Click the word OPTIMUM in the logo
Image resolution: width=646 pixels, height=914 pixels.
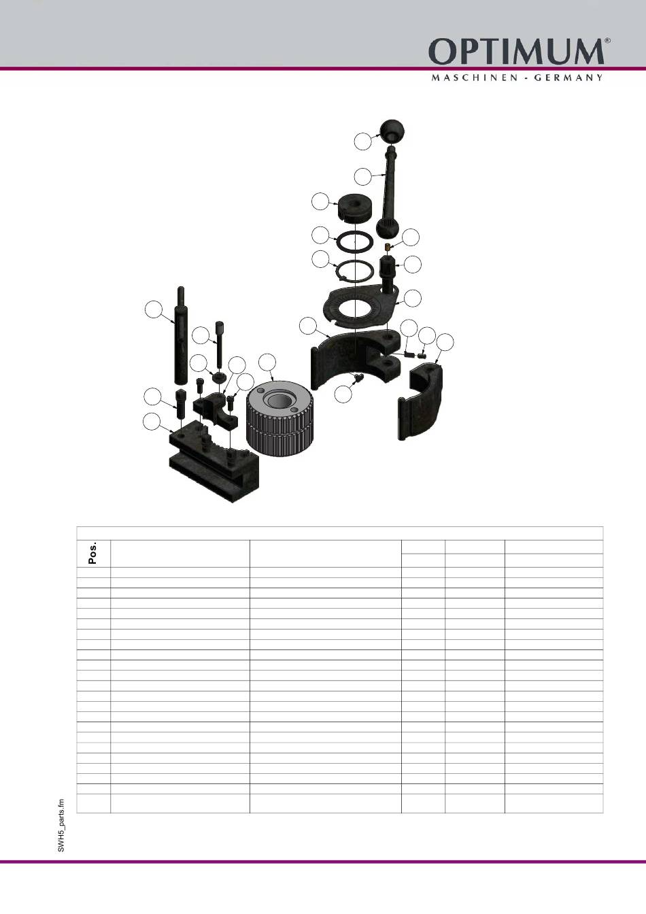[516, 52]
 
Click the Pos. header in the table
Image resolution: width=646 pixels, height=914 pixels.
[93, 553]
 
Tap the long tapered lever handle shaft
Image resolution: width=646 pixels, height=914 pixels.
[390, 192]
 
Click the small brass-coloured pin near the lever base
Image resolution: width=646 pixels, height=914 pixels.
[388, 246]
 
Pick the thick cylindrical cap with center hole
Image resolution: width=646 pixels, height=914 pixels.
[354, 207]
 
